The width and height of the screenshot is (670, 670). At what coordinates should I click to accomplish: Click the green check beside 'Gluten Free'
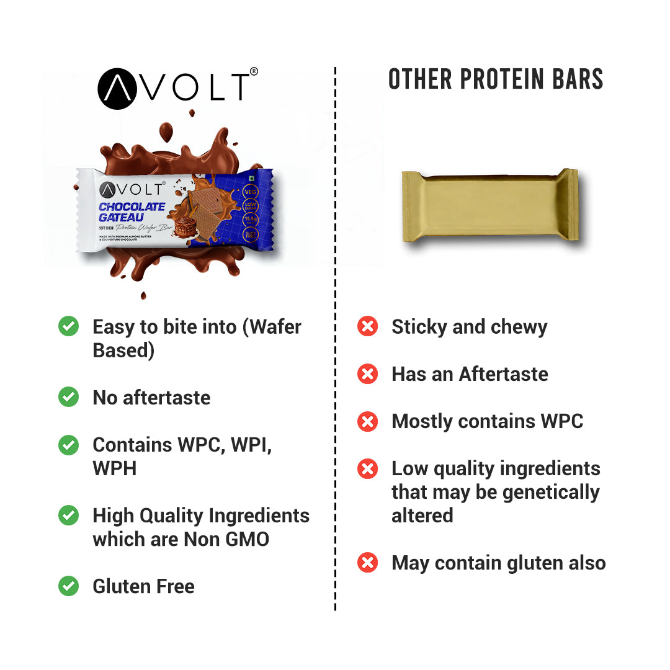68,586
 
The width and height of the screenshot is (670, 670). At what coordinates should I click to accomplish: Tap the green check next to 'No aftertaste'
68,397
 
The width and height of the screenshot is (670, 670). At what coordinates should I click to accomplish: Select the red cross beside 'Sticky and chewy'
368,326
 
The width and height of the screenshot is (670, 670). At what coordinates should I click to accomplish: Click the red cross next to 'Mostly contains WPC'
368,421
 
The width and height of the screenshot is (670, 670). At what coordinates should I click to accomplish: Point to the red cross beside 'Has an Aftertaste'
368,374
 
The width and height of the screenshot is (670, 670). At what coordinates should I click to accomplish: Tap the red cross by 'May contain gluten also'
368,563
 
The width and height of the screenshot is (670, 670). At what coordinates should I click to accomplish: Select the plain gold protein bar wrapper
490,205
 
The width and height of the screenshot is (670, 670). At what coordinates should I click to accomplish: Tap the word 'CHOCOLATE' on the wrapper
132,207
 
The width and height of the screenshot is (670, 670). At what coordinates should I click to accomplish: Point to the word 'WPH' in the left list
114,468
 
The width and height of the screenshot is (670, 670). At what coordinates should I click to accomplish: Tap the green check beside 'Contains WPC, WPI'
68,445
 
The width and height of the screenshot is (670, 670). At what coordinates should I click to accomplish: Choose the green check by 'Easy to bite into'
68,326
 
